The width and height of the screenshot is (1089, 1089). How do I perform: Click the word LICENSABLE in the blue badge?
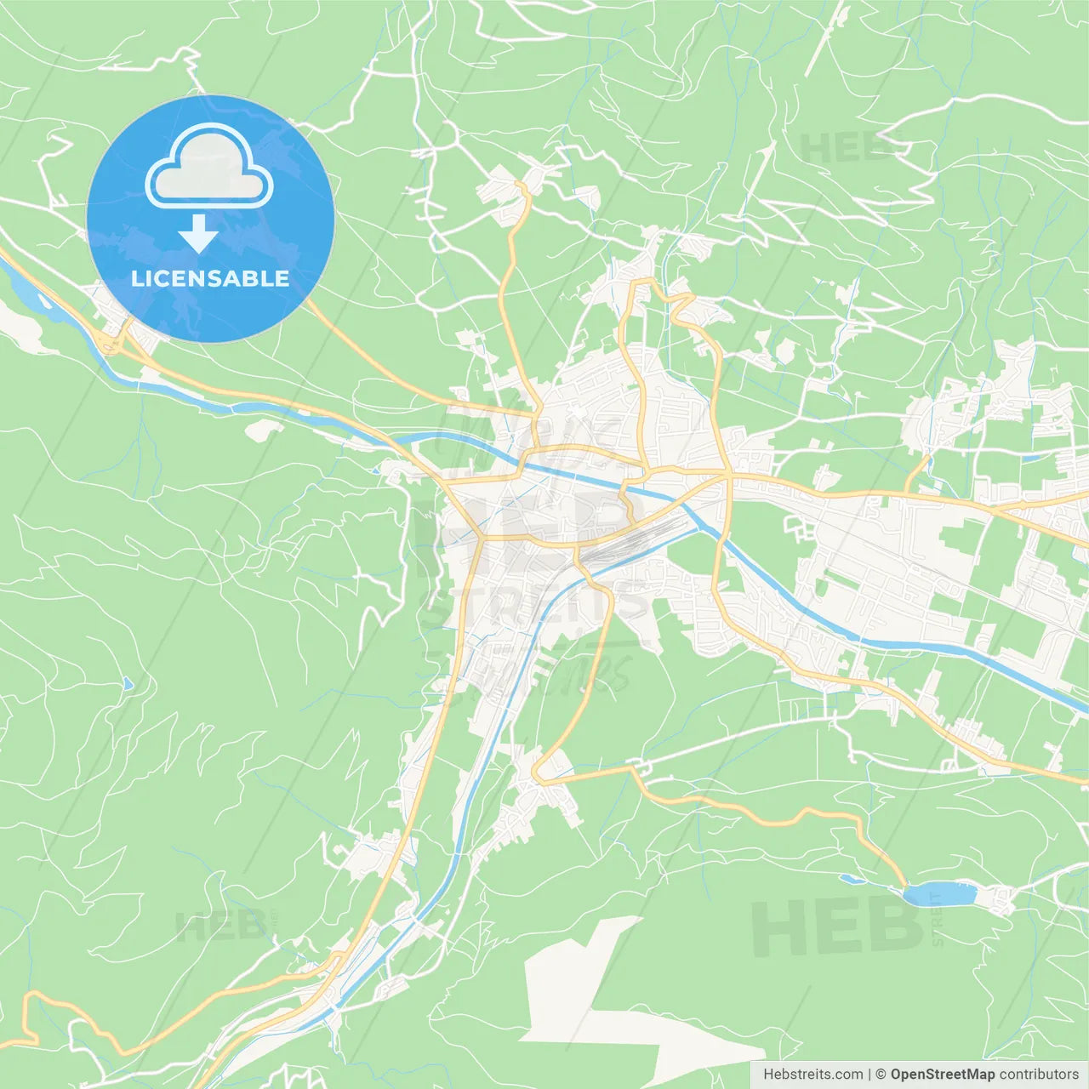click(210, 279)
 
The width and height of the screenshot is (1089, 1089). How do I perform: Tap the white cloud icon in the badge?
click(209, 168)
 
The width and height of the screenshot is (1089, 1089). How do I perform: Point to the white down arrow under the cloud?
click(198, 233)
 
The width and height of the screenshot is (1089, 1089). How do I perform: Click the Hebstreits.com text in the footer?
click(812, 1075)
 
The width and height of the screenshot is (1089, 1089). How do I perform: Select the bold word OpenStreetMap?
click(943, 1075)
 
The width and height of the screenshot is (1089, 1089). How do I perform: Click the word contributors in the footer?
click(1039, 1075)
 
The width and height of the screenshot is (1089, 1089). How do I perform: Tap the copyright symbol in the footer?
click(881, 1075)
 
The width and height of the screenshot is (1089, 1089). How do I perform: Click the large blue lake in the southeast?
click(939, 894)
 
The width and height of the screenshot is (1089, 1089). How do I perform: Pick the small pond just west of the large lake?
click(852, 879)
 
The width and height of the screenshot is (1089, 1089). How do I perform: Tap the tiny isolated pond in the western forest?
click(128, 683)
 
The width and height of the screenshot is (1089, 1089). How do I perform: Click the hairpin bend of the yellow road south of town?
click(537, 774)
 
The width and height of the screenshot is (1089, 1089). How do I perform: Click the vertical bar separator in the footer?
click(869, 1075)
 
